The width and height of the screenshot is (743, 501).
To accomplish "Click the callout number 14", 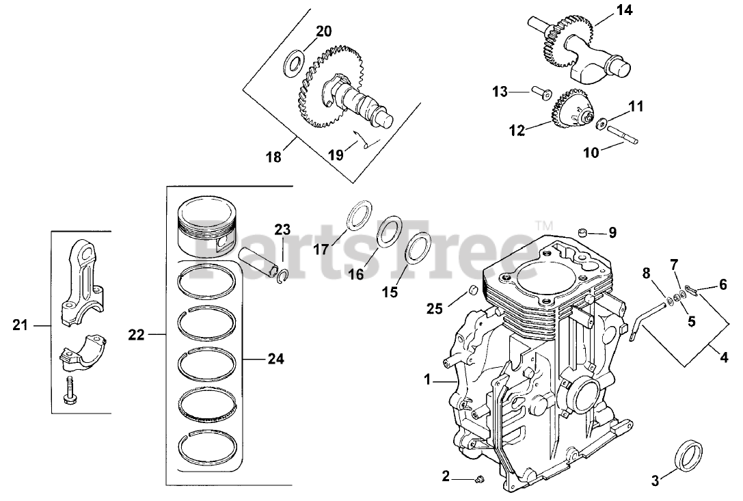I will pyautogui.click(x=624, y=10).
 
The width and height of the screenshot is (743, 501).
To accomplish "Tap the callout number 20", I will pyautogui.click(x=323, y=31).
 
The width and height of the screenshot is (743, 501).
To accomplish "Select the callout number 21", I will pyautogui.click(x=20, y=326).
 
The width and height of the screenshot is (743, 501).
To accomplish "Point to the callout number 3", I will pyautogui.click(x=656, y=481).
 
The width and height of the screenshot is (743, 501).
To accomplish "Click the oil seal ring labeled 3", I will pyautogui.click(x=688, y=457).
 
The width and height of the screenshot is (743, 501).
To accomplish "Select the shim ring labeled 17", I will pyautogui.click(x=360, y=217).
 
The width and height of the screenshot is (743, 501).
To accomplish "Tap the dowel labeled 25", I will pyautogui.click(x=470, y=294).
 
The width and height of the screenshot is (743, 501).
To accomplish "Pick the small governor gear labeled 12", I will pyautogui.click(x=569, y=113).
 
